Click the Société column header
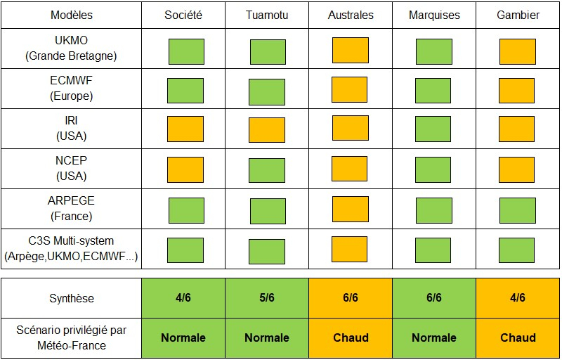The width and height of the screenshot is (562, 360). point(183,15)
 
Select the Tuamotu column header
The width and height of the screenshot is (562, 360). point(267,15)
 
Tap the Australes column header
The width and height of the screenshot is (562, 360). point(351,15)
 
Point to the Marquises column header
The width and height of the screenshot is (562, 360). point(433,15)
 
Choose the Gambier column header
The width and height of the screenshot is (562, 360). point(518,15)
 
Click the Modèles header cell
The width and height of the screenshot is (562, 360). point(71,15)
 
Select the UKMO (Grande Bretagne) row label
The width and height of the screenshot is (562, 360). point(71,49)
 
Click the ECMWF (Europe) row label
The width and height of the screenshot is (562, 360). point(71,89)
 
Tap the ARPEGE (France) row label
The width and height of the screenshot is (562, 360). point(71,209)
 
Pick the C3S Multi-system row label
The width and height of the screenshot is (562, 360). point(71,249)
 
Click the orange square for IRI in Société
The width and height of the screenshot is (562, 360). point(185,129)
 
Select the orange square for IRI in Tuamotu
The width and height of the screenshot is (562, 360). point(267,130)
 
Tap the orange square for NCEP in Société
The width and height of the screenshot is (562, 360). point(186,170)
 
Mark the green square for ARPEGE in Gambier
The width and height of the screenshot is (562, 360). point(518,210)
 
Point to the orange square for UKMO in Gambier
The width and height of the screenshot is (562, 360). point(518,51)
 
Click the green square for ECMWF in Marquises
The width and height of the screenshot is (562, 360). point(433,91)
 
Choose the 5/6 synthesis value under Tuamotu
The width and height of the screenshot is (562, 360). point(267,298)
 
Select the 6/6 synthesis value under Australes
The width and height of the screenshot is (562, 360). point(351,298)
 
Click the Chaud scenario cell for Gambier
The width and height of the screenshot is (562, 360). point(518,337)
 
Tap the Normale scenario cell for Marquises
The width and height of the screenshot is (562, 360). point(433,337)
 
